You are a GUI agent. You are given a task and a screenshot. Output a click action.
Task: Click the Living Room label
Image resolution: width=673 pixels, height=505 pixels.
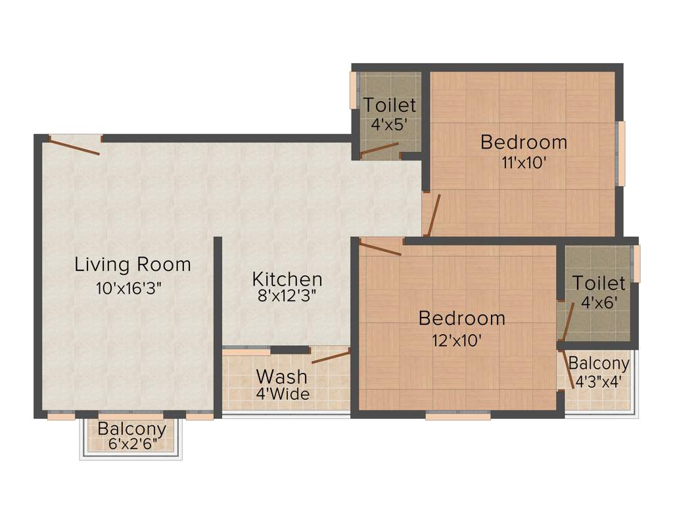(x=133, y=264)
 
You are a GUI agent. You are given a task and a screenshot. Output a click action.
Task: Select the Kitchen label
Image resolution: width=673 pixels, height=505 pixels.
(x=287, y=279)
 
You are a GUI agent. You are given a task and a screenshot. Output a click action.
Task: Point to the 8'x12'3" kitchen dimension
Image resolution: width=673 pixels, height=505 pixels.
(x=287, y=296)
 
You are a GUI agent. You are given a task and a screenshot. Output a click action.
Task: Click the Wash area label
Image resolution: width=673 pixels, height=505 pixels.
(x=281, y=377)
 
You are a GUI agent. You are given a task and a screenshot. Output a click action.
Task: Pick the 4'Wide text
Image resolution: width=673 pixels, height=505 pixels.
(x=283, y=395)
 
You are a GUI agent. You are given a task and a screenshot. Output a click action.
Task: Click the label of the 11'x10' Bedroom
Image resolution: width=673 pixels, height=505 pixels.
(x=523, y=141)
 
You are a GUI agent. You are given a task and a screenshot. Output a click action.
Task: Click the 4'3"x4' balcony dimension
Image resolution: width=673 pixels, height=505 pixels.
(x=599, y=381)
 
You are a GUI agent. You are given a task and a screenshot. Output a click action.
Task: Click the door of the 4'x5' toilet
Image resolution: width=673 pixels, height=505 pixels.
(x=379, y=151)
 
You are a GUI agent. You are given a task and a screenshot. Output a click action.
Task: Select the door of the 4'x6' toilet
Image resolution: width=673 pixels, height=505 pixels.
(x=566, y=322)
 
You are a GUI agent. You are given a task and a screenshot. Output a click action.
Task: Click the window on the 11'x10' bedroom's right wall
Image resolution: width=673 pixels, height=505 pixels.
(x=620, y=153)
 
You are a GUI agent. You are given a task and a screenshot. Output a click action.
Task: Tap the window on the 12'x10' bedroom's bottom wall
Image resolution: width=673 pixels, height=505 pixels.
(x=458, y=416)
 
